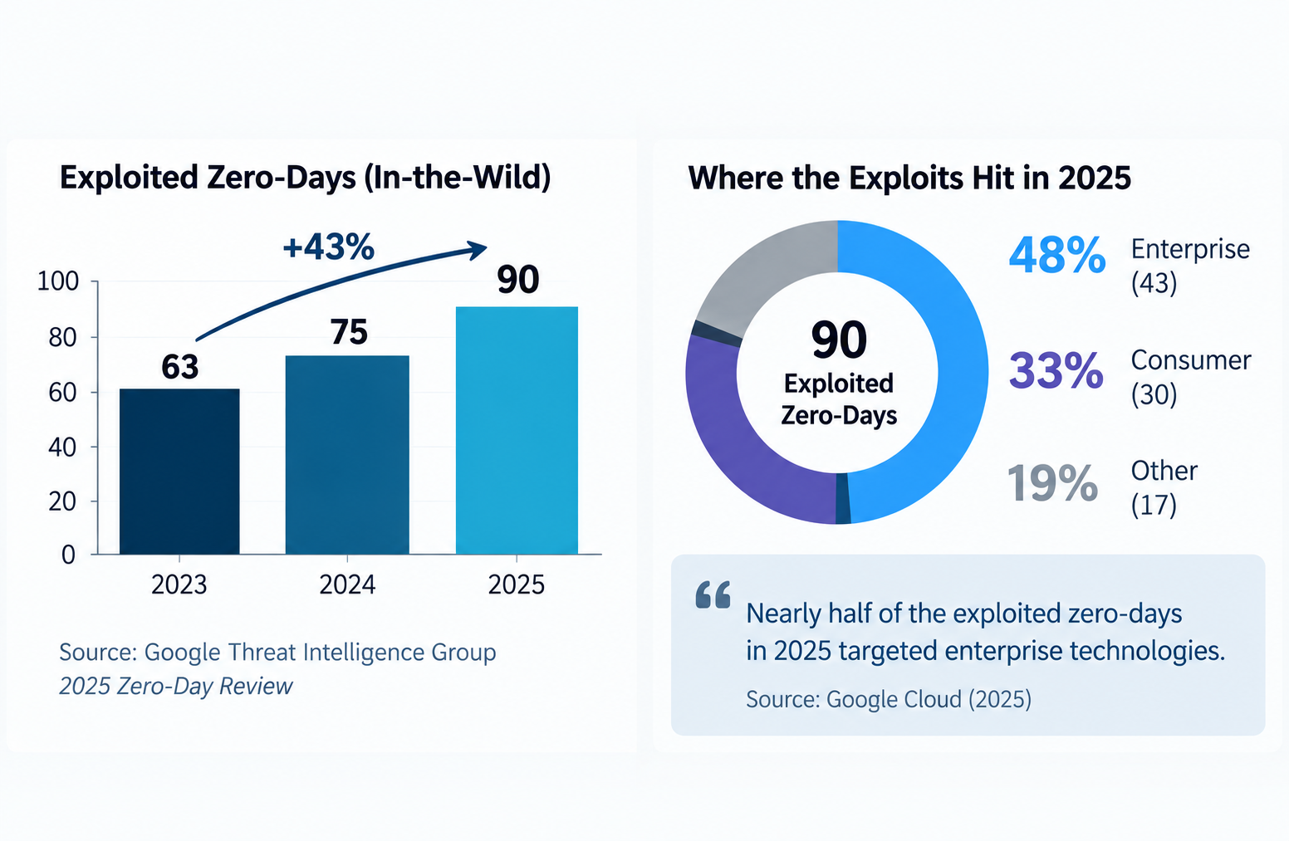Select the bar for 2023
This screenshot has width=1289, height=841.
click(179, 471)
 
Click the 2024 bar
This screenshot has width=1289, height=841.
click(347, 454)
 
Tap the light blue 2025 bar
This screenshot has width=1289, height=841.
click(517, 430)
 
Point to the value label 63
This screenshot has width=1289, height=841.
click(179, 367)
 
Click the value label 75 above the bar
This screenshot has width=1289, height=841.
click(349, 332)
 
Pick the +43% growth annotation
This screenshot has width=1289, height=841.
click(329, 247)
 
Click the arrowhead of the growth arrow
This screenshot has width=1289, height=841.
click(478, 250)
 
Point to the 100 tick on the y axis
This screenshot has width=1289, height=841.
click(57, 281)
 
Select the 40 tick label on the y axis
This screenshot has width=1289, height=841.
click(62, 447)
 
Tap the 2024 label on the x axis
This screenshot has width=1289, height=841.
click(347, 584)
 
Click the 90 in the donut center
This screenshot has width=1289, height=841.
click(838, 340)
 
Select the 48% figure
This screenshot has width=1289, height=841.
click(1057, 255)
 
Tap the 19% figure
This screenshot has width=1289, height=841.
click(1052, 482)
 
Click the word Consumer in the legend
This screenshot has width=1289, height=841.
click(1191, 360)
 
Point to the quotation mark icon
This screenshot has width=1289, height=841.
click(713, 594)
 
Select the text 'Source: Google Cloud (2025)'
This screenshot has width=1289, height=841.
click(889, 700)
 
